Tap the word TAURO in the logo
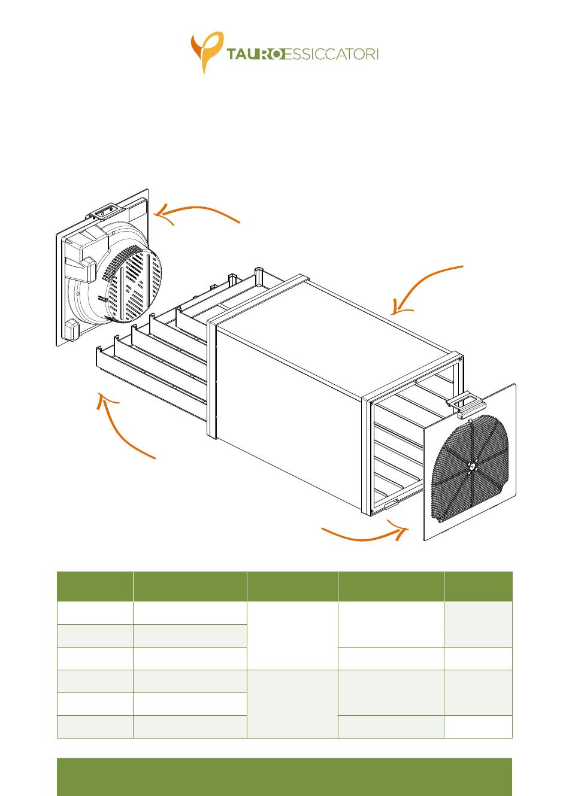coord(256,54)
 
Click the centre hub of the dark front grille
coord(472,466)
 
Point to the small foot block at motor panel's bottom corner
coord(72,329)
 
